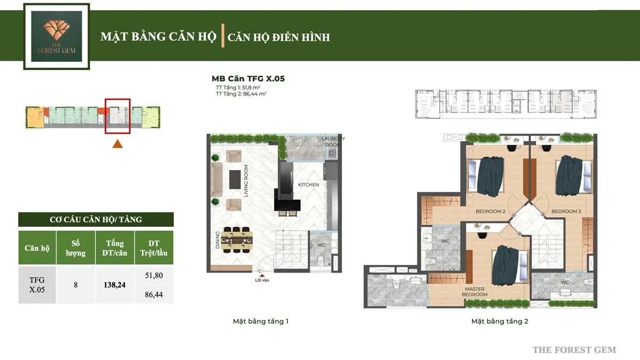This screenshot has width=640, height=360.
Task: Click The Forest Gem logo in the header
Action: pyautogui.click(x=57, y=36)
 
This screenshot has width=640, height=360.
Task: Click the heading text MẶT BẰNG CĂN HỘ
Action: pyautogui.click(x=158, y=37)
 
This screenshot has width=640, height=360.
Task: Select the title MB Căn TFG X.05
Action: pyautogui.click(x=248, y=78)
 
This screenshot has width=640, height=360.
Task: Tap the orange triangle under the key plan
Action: pyautogui.click(x=118, y=143)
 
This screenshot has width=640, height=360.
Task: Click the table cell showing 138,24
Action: pyautogui.click(x=115, y=285)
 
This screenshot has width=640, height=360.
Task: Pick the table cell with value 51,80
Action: pyautogui.click(x=154, y=275)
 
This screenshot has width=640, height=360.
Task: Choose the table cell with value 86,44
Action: pyautogui.click(x=154, y=294)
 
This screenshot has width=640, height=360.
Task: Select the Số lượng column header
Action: pyautogui.click(x=76, y=248)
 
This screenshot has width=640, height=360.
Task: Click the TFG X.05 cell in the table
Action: pyautogui.click(x=37, y=285)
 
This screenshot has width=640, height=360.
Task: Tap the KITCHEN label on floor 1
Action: pyautogui.click(x=308, y=185)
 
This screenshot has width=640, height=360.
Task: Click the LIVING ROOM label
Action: pyautogui.click(x=246, y=181)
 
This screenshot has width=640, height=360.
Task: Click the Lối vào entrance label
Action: pyautogui.click(x=262, y=280)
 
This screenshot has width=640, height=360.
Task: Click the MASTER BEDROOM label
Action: pyautogui.click(x=475, y=292)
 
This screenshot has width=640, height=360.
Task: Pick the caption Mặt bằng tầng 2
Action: pyautogui.click(x=500, y=322)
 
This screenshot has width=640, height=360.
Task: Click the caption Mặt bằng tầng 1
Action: pyautogui.click(x=261, y=322)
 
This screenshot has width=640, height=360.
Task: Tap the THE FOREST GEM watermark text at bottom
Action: pyautogui.click(x=574, y=350)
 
